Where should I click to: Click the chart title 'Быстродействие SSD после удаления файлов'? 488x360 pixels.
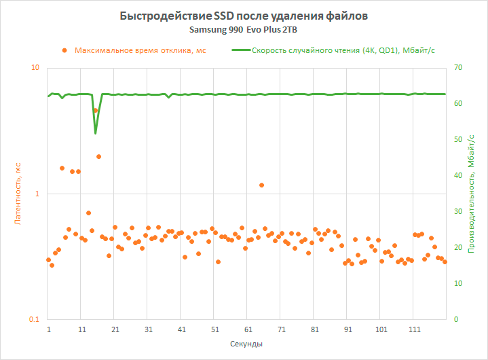tap(244, 16)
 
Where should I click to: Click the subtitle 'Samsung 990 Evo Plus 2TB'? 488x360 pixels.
tap(243, 31)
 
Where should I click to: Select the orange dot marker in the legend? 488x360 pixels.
tap(64, 50)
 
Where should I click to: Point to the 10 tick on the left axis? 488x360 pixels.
tap(35, 68)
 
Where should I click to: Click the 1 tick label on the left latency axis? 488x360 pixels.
tap(37, 194)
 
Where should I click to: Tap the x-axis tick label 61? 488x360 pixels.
tap(248, 329)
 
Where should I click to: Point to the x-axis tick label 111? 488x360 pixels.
tap(415, 329)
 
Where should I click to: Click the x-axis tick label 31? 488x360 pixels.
tap(149, 329)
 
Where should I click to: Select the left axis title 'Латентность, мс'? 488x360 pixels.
tap(18, 194)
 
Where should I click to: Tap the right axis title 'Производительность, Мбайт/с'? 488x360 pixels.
tap(470, 194)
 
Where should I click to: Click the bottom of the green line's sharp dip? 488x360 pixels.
tap(95, 133)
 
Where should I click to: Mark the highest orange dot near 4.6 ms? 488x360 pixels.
tap(96, 110)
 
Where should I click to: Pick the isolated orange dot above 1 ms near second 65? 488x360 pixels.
tap(261, 185)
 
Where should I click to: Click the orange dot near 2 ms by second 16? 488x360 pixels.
tap(98, 156)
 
